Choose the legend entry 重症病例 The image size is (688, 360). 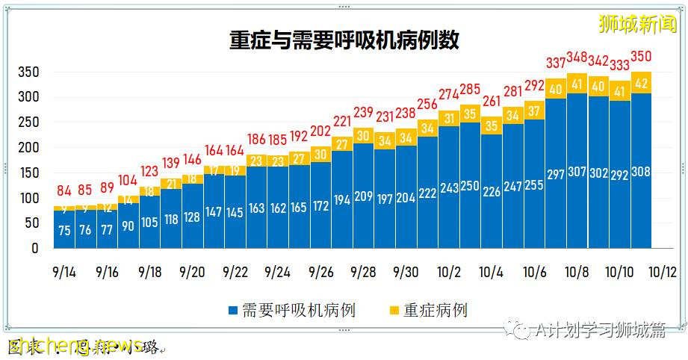[x=428, y=309]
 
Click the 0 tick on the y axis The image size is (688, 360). [x=34, y=249]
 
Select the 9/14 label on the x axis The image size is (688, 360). [x=64, y=273]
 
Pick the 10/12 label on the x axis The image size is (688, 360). [x=662, y=273]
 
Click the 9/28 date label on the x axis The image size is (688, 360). [x=363, y=273]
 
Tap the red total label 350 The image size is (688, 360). [x=642, y=56]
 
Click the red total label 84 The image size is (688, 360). [x=64, y=190]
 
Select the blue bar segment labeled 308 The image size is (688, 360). [x=641, y=171]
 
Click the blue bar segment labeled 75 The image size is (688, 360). [x=64, y=229]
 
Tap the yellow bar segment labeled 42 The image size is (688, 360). [x=641, y=83]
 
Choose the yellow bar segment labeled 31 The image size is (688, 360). [x=449, y=118]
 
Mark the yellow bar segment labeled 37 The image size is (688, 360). [x=534, y=111]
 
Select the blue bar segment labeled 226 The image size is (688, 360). [x=492, y=191]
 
